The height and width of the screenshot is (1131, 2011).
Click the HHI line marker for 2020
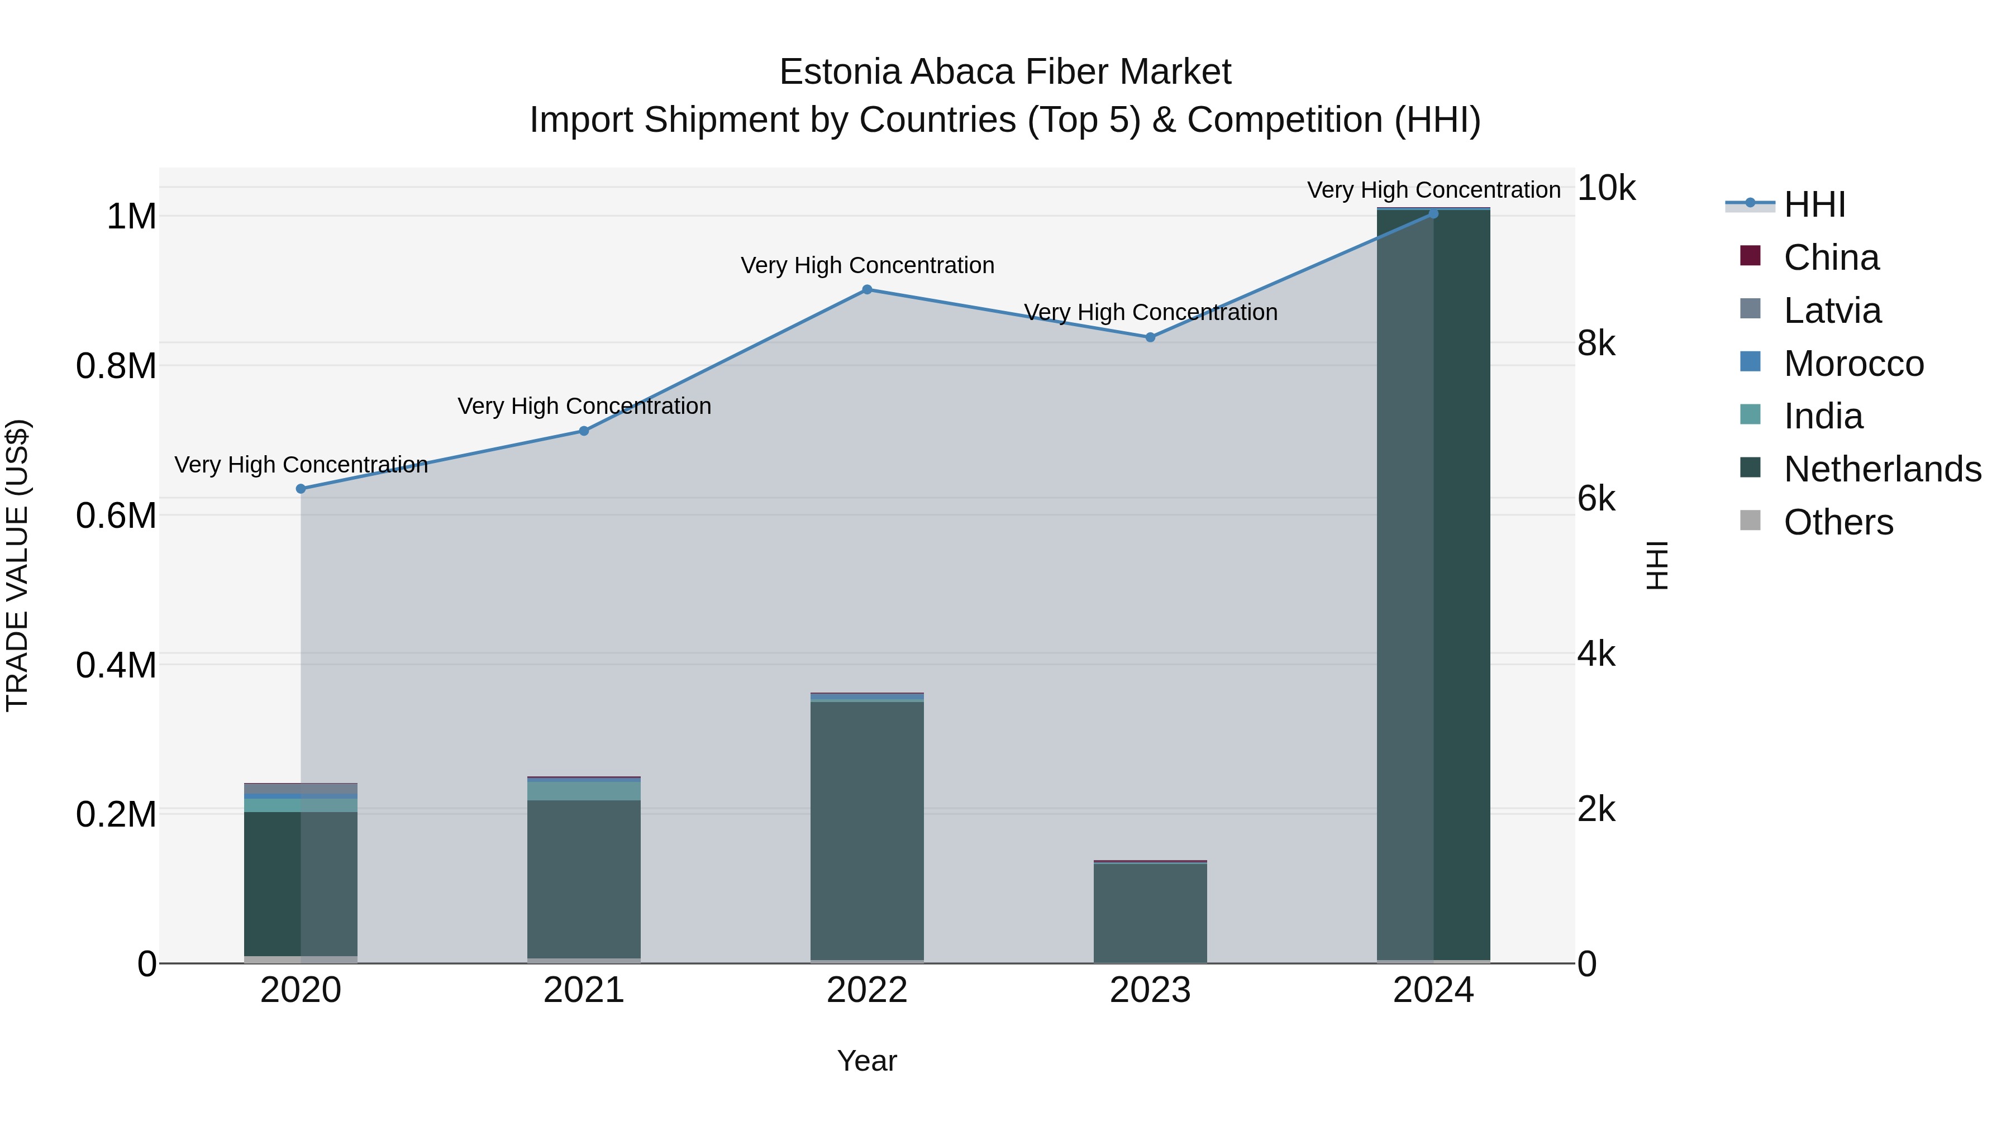pyautogui.click(x=301, y=489)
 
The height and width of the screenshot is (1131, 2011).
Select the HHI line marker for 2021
pyautogui.click(x=584, y=431)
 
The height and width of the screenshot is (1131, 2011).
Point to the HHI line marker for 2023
pyautogui.click(x=1150, y=337)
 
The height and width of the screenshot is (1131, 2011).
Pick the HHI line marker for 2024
pyautogui.click(x=1433, y=213)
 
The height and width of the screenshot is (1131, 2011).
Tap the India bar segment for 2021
pyautogui.click(x=584, y=791)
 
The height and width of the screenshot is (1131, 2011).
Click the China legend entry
pyautogui.click(x=1831, y=257)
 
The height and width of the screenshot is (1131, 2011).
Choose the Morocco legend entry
pyautogui.click(x=1853, y=364)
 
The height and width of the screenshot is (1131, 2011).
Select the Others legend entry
pyautogui.click(x=1838, y=522)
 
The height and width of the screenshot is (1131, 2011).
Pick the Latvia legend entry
pyautogui.click(x=1832, y=311)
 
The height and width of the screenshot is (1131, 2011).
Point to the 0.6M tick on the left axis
pyautogui.click(x=116, y=516)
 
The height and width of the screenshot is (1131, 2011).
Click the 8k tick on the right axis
pyautogui.click(x=1597, y=343)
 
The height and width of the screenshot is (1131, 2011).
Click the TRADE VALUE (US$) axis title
pyautogui.click(x=17, y=565)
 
